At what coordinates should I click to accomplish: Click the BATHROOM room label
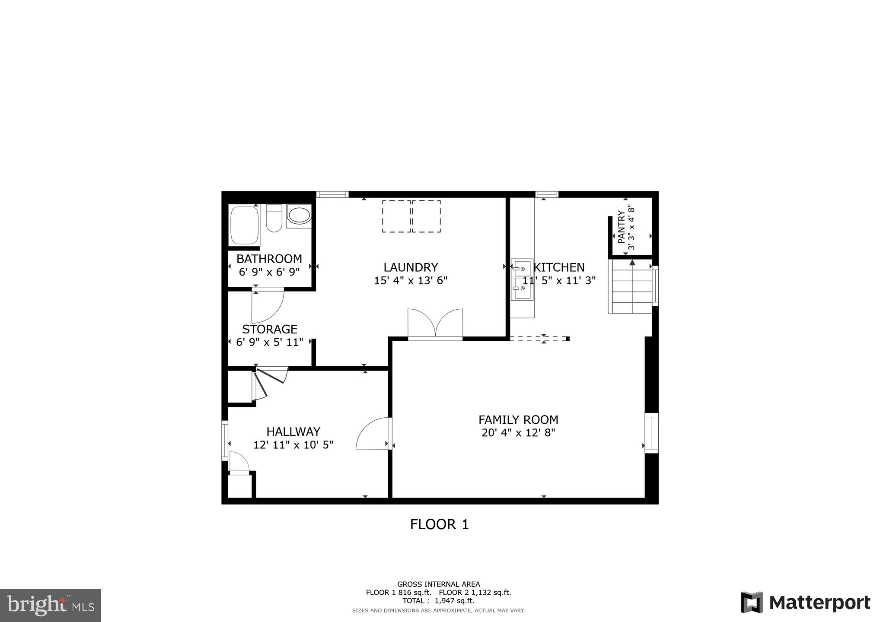pyautogui.click(x=269, y=259)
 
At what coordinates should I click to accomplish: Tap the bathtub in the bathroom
pyautogui.click(x=245, y=225)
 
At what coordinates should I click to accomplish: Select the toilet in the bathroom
pyautogui.click(x=274, y=219)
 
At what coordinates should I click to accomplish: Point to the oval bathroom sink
pyautogui.click(x=299, y=215)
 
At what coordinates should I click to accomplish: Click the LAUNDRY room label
pyautogui.click(x=411, y=267)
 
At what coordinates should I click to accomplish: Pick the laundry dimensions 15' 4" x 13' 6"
pyautogui.click(x=411, y=281)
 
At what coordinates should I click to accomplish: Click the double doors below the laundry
pyautogui.click(x=435, y=324)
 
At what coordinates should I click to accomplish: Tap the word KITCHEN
pyautogui.click(x=559, y=267)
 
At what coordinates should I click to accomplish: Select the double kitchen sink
pyautogui.click(x=522, y=280)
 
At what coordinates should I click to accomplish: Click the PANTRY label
pyautogui.click(x=622, y=227)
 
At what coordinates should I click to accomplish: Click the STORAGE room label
pyautogui.click(x=270, y=329)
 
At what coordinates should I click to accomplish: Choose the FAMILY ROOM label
pyautogui.click(x=518, y=420)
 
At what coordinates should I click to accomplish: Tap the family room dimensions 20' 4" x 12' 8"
pyautogui.click(x=518, y=433)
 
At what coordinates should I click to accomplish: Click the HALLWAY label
pyautogui.click(x=293, y=432)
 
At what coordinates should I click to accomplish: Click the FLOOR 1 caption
pyautogui.click(x=439, y=524)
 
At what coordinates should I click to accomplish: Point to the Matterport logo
pyautogui.click(x=805, y=603)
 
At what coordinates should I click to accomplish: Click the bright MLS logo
pyautogui.click(x=51, y=605)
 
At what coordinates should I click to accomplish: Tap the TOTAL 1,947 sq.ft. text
pyautogui.click(x=438, y=600)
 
